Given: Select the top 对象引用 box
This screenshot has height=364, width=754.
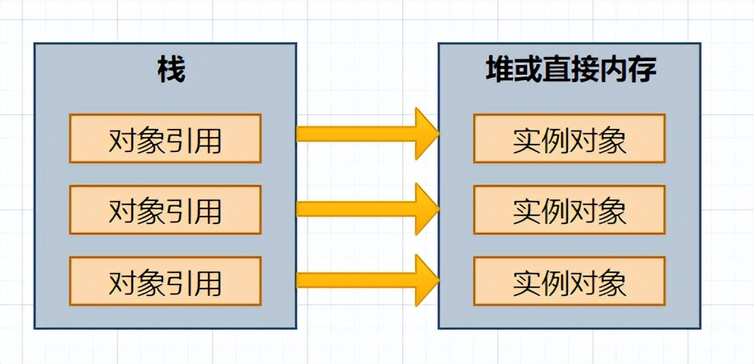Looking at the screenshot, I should coord(165,139).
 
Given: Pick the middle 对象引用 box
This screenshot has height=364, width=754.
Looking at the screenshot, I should coord(165,210).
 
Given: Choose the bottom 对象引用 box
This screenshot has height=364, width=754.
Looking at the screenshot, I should coord(165,281).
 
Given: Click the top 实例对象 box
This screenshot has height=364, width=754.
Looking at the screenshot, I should coord(569,139).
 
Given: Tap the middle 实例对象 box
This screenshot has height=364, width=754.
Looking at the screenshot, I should coord(569,210).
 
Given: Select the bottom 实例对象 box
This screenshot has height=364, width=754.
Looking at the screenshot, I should coord(569,281).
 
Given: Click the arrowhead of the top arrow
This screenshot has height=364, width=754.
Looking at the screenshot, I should coord(427,134).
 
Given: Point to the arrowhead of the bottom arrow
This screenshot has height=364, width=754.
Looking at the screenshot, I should coord(427,280).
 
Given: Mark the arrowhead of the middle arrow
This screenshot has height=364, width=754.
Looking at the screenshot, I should coord(427,208).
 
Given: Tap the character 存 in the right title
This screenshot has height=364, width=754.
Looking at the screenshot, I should coord(641,71).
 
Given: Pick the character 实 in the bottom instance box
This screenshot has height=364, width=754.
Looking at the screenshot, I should coord(526,282).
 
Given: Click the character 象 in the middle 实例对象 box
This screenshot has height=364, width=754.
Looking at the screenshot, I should coord(612,211).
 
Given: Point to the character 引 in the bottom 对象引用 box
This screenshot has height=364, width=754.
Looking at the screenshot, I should coord(179,282).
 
